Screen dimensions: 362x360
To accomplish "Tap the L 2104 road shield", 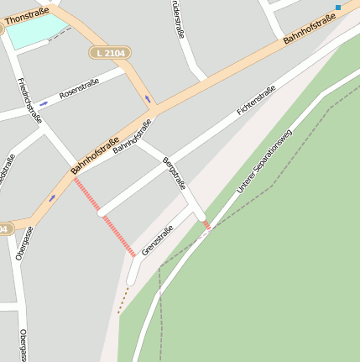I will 109,53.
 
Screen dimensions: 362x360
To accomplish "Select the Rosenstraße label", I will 79,88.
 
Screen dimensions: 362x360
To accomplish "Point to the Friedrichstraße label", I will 29,101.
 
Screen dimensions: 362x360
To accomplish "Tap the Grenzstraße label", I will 158,240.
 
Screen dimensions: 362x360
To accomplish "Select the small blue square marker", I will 338,8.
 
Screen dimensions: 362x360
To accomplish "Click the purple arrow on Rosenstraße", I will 44,104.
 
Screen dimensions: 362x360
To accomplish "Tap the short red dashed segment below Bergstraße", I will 206,225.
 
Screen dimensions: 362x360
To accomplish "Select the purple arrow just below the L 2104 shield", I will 149,99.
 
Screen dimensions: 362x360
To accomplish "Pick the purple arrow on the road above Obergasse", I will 52,198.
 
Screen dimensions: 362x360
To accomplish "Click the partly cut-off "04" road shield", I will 4,228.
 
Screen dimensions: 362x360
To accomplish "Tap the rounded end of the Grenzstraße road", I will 132,278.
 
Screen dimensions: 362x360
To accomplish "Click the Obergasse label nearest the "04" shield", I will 24,244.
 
